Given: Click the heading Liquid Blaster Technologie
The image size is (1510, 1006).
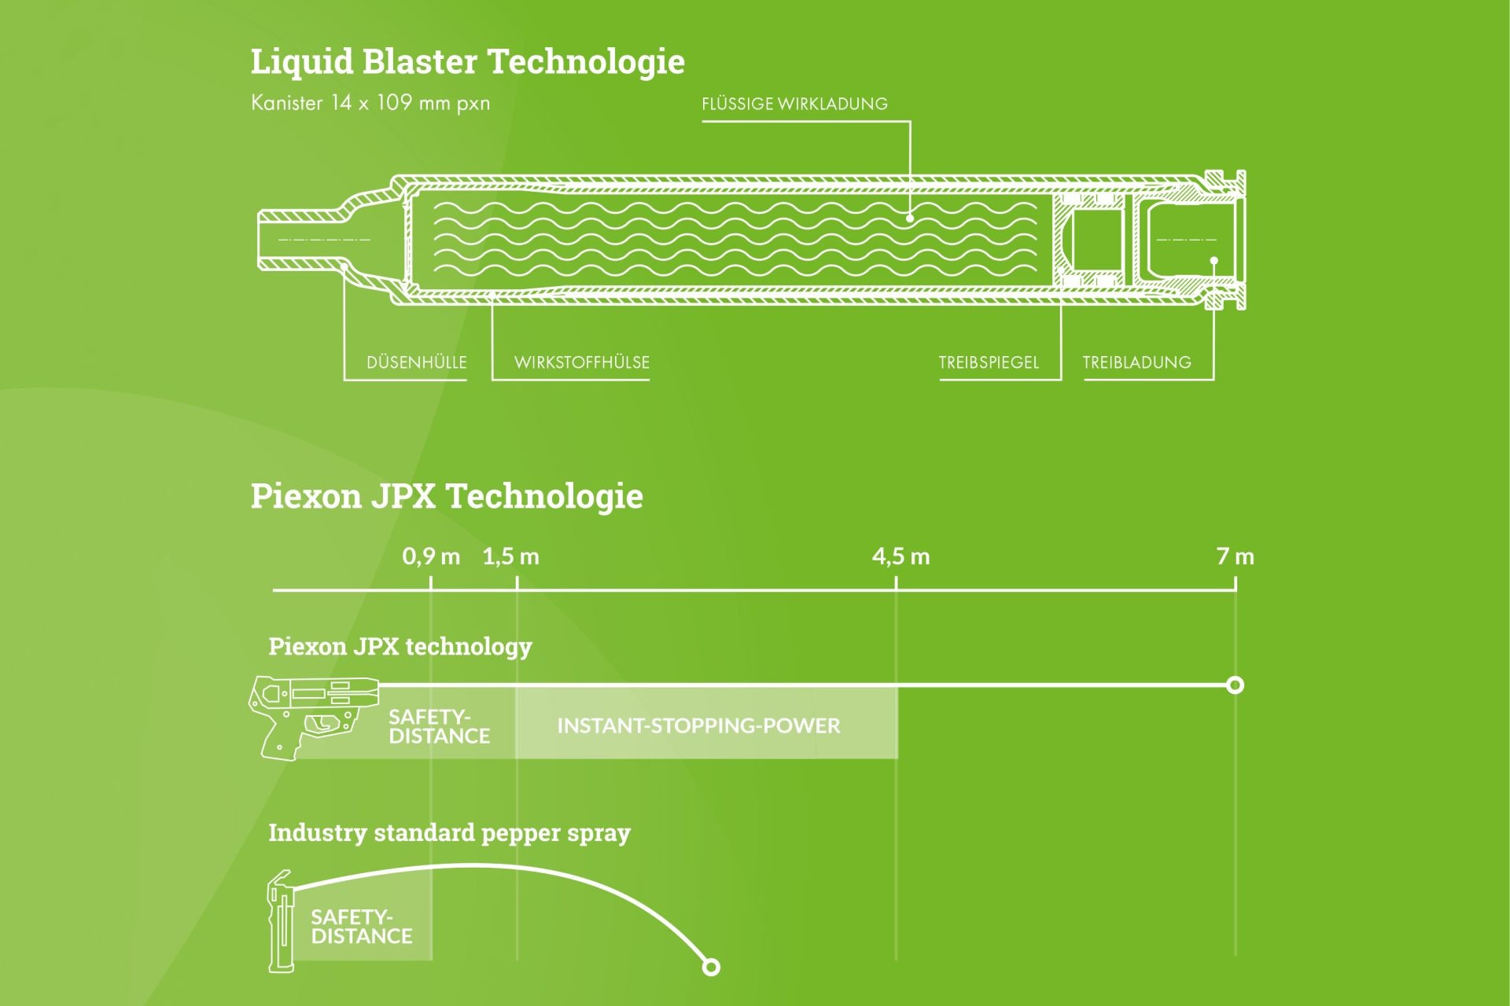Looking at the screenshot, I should point(467,62).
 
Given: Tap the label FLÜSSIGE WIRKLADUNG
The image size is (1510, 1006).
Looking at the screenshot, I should point(794,104).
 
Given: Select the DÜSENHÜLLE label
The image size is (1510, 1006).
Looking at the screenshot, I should point(416,362).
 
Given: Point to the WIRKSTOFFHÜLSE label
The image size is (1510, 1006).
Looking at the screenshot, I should point(581,362).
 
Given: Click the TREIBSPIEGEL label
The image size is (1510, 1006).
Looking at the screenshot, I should point(989,362).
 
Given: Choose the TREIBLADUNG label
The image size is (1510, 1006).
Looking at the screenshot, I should point(1136,362).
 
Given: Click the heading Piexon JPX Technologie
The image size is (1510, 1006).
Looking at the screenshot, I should point(447,497).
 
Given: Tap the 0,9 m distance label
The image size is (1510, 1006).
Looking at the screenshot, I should point(431,556).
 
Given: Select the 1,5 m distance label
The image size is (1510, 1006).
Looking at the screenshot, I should point(511,556).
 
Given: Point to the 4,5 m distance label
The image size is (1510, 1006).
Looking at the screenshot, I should point(900,556).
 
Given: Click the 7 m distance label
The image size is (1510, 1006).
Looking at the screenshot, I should point(1235,556).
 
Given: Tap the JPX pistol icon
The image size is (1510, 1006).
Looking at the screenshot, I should point(311,715).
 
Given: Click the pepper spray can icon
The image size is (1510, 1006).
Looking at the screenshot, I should point(281,921).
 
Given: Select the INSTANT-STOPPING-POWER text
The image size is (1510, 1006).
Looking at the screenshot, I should point(698,725).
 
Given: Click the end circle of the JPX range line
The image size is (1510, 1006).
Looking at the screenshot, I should point(1235,685).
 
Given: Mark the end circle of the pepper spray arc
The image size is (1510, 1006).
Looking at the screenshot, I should point(711,967).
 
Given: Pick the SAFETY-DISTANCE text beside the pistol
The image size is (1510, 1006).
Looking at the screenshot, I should point(439,727).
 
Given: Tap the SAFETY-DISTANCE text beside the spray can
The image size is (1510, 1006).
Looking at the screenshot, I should point(361,927).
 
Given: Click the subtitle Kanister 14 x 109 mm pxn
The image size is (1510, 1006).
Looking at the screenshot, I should point(370,103).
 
